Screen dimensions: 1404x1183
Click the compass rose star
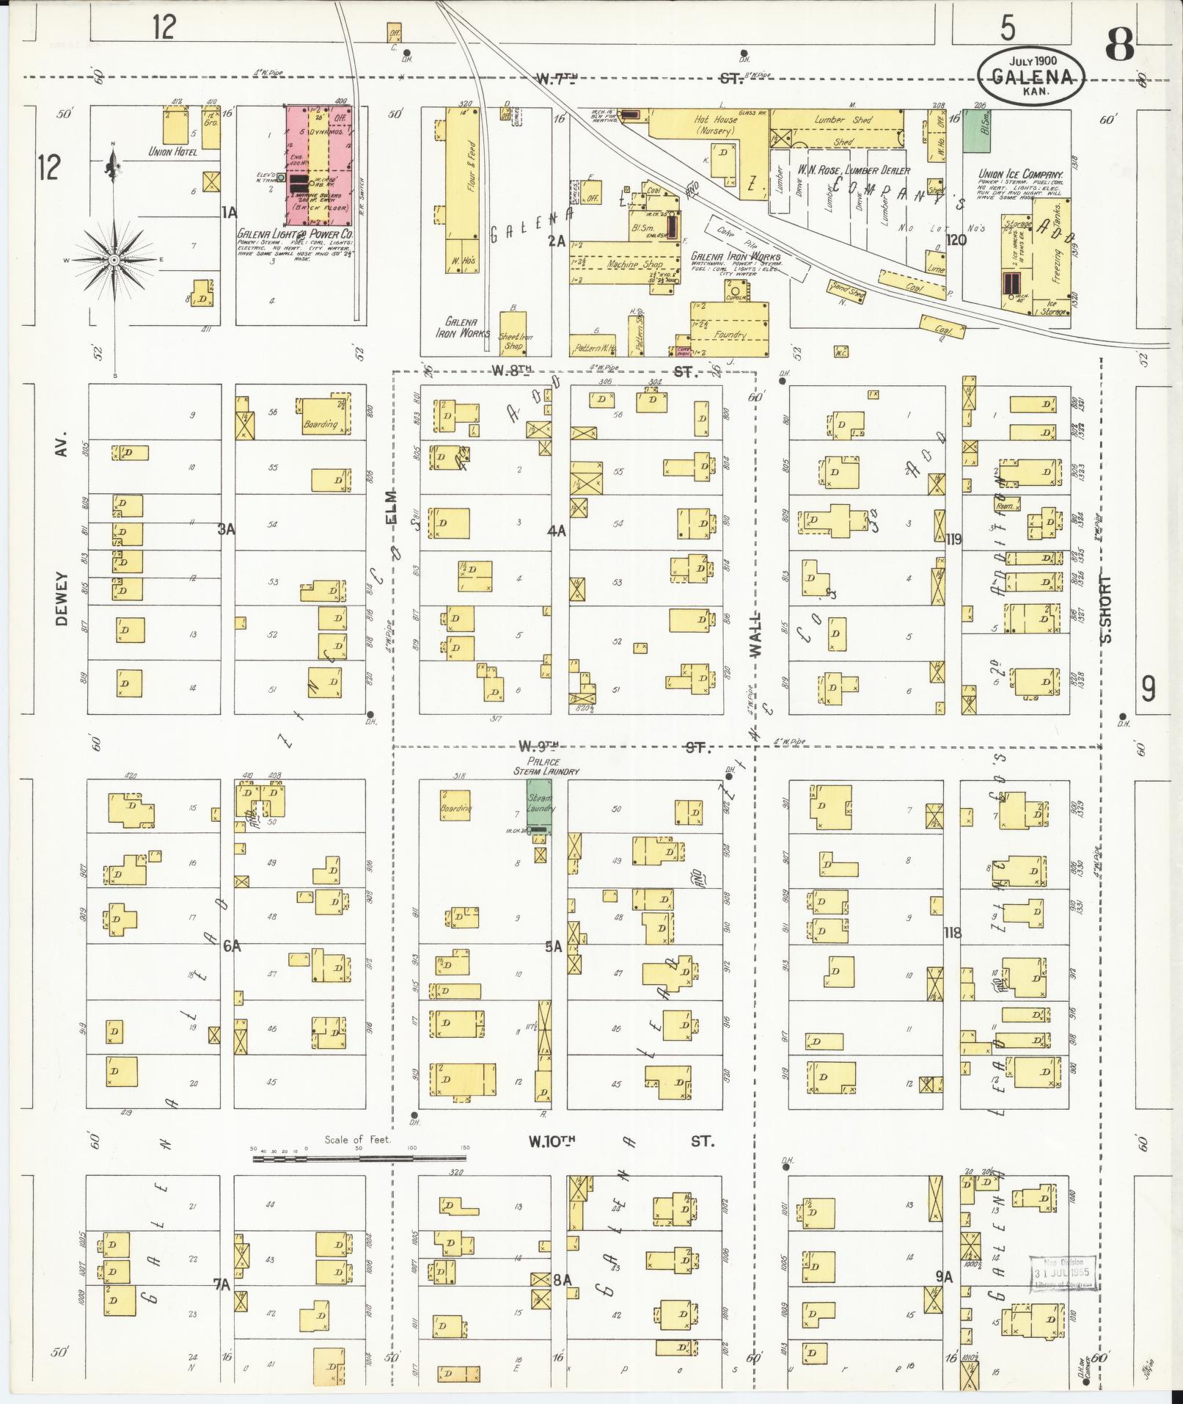pyautogui.click(x=114, y=260)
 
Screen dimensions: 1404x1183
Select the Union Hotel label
pyautogui.click(x=170, y=152)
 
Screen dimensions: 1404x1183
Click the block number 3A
pyautogui.click(x=226, y=528)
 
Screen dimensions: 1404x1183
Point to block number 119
pyautogui.click(x=953, y=539)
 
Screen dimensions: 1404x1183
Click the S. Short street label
pyautogui.click(x=1106, y=608)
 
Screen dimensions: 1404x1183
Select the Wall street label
pyautogui.click(x=755, y=635)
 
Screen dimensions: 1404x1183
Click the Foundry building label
pyautogui.click(x=730, y=335)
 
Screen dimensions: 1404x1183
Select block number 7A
pyautogui.click(x=221, y=1284)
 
